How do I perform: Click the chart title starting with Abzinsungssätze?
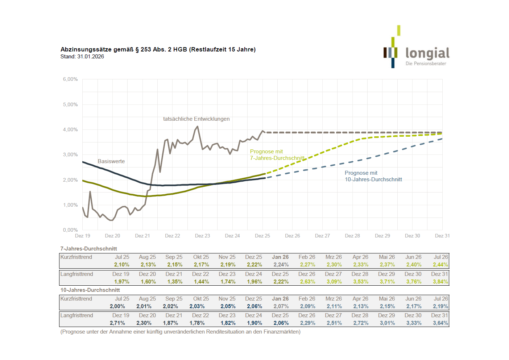tap(158, 49)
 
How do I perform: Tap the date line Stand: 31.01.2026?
tap(82, 57)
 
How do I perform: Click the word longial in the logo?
tap(427, 53)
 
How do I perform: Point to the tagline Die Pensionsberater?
tap(426, 63)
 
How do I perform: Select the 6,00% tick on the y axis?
tap(70, 79)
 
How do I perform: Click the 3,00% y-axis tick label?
tap(70, 154)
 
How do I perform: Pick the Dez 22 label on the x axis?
tap(173, 236)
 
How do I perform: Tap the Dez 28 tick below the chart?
tap(352, 236)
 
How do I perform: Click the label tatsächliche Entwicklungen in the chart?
tap(196, 119)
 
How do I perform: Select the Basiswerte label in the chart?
tap(111, 161)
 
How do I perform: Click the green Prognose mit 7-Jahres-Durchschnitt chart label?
tap(277, 155)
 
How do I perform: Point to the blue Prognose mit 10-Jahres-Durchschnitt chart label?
tap(373, 176)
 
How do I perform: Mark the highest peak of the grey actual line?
tap(198, 127)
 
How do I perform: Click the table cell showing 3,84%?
tap(440, 282)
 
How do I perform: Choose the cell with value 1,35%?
tap(175, 282)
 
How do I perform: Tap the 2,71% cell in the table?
tap(117, 323)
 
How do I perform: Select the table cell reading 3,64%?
tap(440, 323)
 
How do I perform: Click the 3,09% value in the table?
tap(334, 282)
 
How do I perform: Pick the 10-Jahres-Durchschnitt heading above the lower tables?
tap(90, 290)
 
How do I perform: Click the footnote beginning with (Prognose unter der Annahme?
tap(180, 332)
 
